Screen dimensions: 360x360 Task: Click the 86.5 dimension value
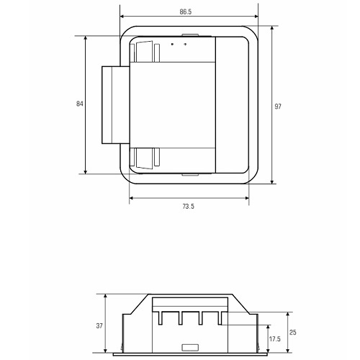(x=186, y=12)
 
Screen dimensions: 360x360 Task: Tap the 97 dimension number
(x=278, y=107)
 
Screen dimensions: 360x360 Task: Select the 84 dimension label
(x=79, y=104)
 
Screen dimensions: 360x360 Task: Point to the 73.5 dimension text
(x=189, y=207)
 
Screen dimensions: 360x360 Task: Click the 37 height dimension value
(x=99, y=326)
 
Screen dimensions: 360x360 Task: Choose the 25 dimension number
(x=293, y=333)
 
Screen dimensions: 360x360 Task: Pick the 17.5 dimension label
(x=275, y=339)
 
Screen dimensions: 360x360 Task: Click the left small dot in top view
(x=172, y=44)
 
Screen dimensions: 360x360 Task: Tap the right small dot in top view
(x=185, y=44)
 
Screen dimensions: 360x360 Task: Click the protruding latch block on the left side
(x=116, y=105)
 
